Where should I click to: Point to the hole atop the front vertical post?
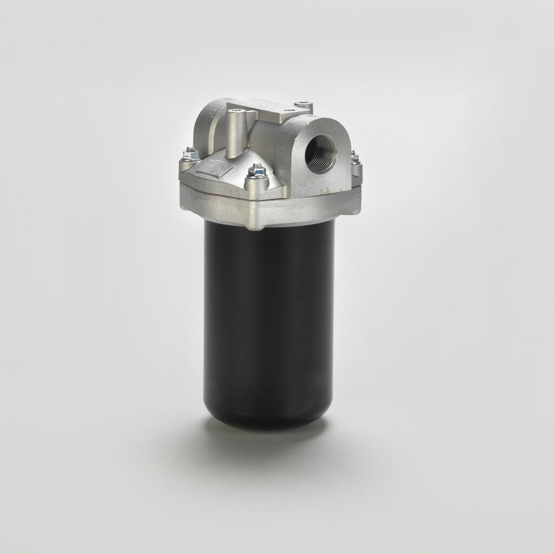234,113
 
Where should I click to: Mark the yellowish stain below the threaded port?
326,189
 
